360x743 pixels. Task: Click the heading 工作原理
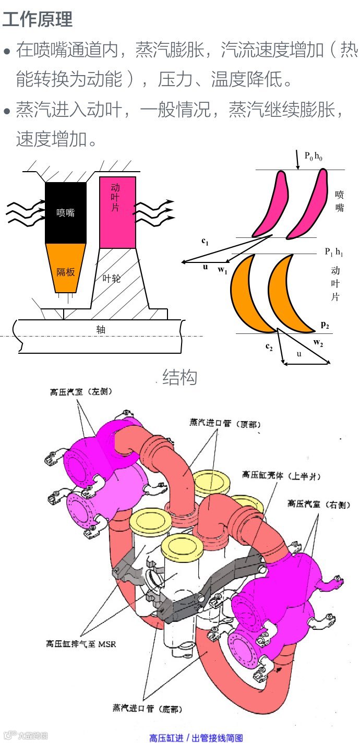pos(38,19)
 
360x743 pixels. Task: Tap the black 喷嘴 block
pos(66,212)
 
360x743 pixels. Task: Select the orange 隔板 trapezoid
pos(66,269)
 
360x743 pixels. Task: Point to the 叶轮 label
pos(112,278)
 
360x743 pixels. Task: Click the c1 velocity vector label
pos(205,242)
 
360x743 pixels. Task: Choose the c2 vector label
pos(269,347)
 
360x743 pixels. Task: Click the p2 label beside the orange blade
pos(325,325)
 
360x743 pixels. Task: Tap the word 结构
pos(179,377)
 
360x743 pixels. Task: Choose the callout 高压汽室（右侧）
pos(319,505)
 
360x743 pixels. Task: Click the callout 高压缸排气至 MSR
pos(81,643)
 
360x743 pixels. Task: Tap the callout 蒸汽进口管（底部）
pos(148,708)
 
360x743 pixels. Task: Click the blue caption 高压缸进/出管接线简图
pos(196,737)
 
